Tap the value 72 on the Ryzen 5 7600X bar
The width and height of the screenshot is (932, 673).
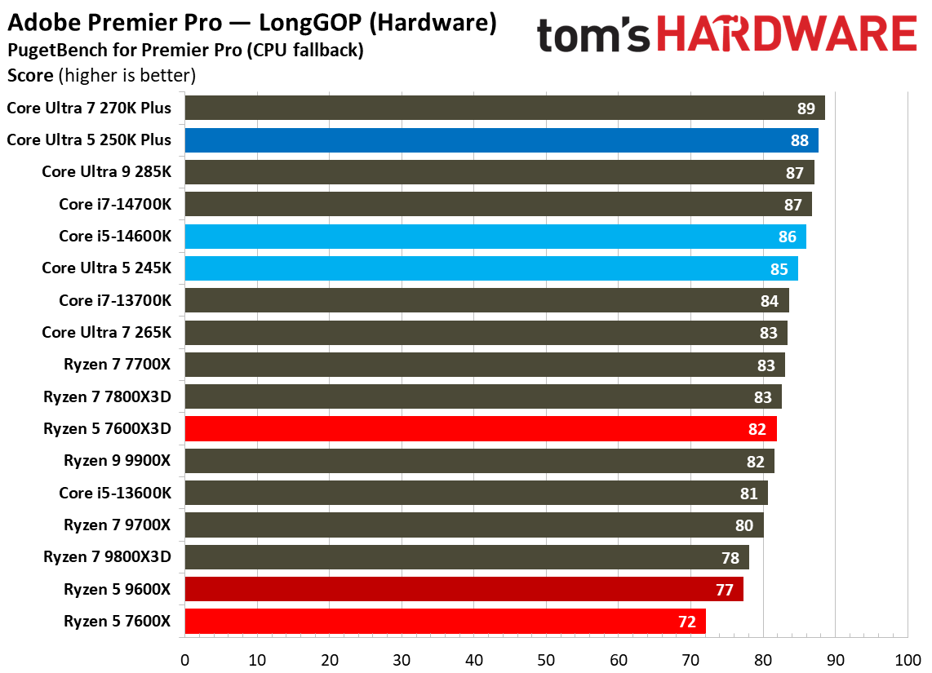686,622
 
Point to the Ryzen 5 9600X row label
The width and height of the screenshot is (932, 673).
118,589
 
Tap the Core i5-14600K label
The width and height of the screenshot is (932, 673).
115,236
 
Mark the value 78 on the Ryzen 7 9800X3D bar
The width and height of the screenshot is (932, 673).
730,558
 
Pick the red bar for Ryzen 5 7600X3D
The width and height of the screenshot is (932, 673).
481,429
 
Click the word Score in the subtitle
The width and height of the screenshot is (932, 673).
29,77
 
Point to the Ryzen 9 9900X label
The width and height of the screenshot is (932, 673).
118,461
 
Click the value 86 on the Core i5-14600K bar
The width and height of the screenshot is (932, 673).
788,237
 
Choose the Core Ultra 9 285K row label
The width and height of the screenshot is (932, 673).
107,172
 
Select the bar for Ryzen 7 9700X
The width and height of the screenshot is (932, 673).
474,525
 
